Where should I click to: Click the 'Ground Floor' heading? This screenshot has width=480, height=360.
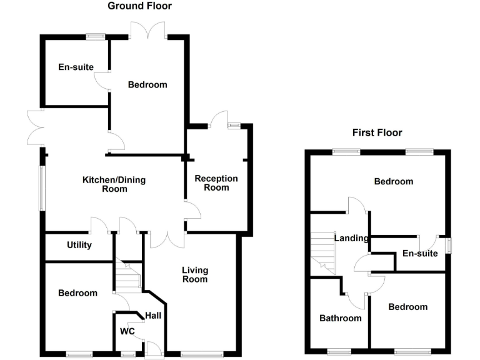point(139,6)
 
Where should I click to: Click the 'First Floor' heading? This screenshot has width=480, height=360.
point(377,132)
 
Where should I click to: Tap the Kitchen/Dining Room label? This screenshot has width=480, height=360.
point(114,184)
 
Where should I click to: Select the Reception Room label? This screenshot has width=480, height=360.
point(216,182)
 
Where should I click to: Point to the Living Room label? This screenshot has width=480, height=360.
point(194,274)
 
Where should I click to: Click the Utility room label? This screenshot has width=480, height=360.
point(79,245)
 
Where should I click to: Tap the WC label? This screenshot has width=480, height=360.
point(127,331)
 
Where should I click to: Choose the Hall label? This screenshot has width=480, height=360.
point(153,316)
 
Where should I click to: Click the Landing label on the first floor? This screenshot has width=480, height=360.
point(351,238)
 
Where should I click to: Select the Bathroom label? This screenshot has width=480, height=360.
point(341,318)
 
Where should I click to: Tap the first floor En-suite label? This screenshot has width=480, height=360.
point(420,253)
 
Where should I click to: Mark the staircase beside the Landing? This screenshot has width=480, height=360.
point(323,252)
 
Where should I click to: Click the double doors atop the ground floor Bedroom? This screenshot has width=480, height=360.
point(148,30)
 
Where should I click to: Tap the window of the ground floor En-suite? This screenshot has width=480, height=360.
point(96,36)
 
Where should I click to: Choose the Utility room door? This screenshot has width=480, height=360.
point(99,226)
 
